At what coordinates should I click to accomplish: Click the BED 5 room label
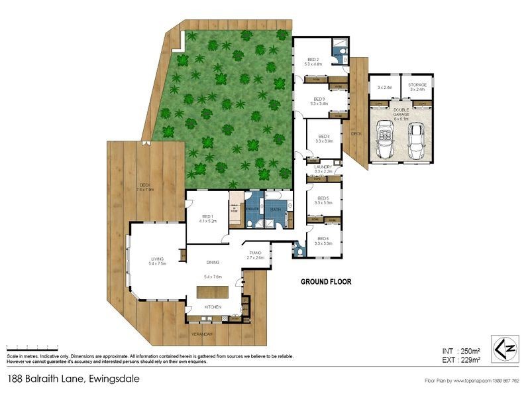point(323,198)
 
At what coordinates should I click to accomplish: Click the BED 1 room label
point(207,216)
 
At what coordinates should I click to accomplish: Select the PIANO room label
point(256,253)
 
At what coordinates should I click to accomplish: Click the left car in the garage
point(386,141)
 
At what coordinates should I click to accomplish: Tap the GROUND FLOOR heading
point(326,281)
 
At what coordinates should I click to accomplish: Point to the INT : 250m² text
point(460,350)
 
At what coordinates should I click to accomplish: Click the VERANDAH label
point(202,333)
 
